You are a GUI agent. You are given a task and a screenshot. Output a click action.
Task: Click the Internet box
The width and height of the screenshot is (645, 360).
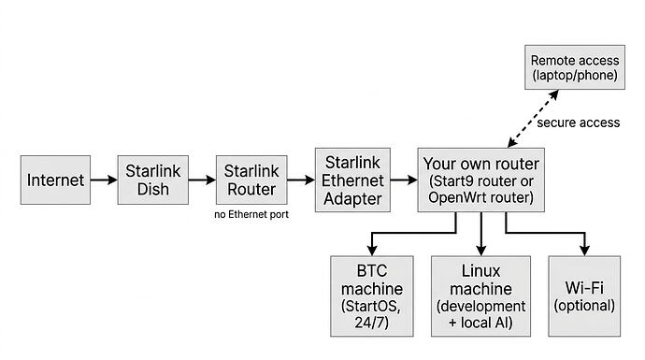point(56,180)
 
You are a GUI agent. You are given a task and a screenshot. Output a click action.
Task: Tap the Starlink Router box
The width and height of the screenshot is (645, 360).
point(251,180)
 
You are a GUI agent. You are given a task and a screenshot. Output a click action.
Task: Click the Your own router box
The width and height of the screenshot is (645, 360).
point(480,180)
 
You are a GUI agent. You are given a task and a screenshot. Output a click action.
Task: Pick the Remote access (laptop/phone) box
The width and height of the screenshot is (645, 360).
point(574,66)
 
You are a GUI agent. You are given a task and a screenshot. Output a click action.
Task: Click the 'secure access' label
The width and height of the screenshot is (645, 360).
point(578,122)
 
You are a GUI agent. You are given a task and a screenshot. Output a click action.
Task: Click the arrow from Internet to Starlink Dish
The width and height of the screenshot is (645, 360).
point(104,180)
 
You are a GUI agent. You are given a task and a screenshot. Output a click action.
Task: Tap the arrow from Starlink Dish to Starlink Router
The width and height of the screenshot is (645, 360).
point(202,180)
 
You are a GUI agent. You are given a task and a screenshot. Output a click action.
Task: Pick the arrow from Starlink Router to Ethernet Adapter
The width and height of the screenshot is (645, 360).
point(300,180)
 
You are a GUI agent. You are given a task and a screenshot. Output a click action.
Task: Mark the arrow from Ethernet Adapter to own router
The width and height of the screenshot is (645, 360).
point(400,180)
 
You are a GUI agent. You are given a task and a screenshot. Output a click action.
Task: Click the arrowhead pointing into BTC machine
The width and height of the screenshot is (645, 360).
point(374,249)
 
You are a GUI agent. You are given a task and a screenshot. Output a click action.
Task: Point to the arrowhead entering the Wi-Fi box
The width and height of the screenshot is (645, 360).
point(584,249)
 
